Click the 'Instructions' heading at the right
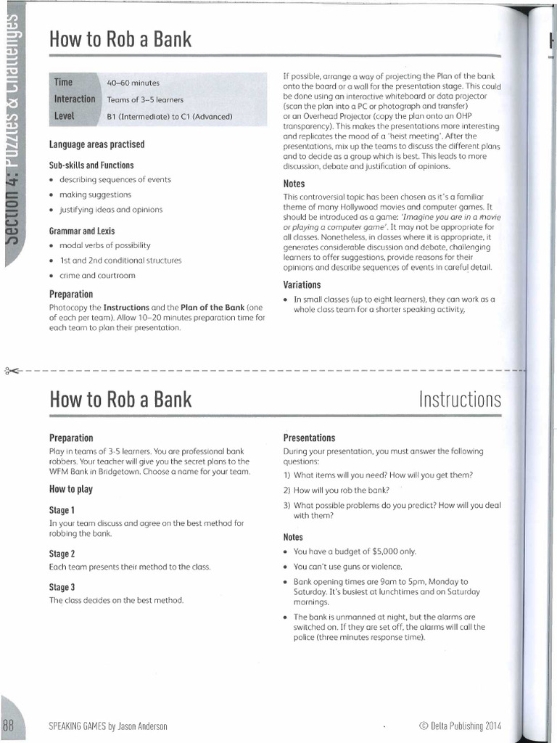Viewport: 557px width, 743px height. pyautogui.click(x=460, y=399)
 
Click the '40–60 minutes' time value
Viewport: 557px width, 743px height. pyautogui.click(x=133, y=83)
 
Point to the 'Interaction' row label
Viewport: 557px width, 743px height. pyautogui.click(x=75, y=99)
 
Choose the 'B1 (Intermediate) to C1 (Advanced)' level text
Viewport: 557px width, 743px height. pyautogui.click(x=169, y=116)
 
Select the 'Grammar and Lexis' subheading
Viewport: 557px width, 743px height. pyautogui.click(x=81, y=230)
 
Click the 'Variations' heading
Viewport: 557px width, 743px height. pyautogui.click(x=302, y=284)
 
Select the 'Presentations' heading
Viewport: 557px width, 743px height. pyautogui.click(x=309, y=438)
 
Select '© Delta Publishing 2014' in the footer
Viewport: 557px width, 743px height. pyautogui.click(x=460, y=726)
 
